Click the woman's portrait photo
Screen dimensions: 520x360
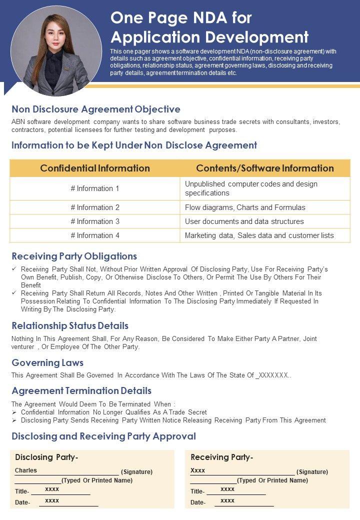[49, 50]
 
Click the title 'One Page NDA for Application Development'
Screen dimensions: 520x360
[209, 27]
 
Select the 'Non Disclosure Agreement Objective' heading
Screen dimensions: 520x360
[96, 109]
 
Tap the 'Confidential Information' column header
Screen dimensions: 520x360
[95, 168]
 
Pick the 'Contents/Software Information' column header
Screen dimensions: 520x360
[265, 168]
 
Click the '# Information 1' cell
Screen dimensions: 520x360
[95, 188]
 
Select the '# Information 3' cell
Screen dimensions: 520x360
[95, 221]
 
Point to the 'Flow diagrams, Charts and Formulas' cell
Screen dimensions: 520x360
[245, 207]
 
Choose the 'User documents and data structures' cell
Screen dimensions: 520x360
[244, 221]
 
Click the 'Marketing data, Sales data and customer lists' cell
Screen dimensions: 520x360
[259, 235]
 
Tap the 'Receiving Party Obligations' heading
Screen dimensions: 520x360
[74, 256]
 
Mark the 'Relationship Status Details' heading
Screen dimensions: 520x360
[70, 326]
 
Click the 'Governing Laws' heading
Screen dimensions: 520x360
[47, 362]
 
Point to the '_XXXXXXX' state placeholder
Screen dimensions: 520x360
[272, 375]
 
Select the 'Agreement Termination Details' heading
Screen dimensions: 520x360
[81, 390]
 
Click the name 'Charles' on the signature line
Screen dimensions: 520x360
[26, 470]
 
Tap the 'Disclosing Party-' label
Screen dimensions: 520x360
[46, 457]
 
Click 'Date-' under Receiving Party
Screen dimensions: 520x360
[197, 502]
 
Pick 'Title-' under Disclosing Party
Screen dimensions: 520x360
[22, 491]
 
